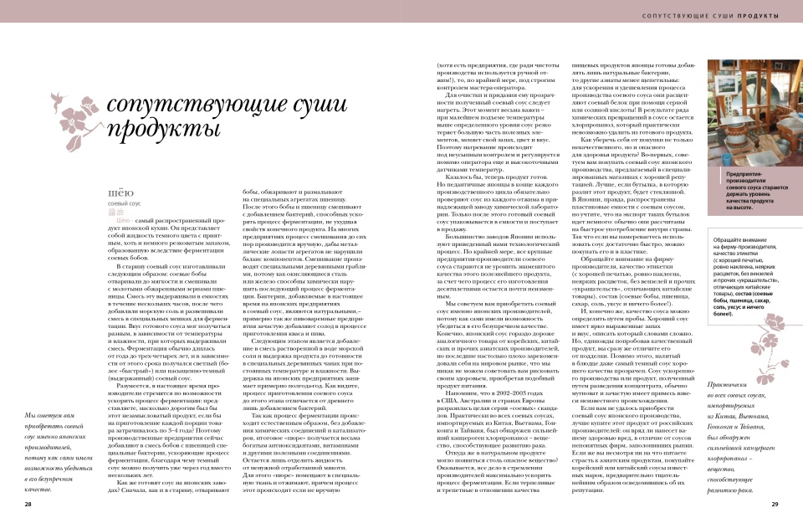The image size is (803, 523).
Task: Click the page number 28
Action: pos(28,505)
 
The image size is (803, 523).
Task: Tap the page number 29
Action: pos(775,505)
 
